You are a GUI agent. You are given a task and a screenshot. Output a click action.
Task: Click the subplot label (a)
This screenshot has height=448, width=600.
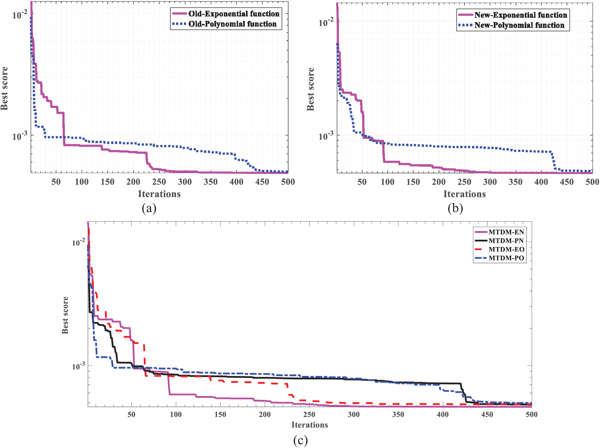[149, 208]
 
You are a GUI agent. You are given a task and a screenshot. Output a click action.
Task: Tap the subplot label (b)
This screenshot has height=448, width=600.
[455, 208]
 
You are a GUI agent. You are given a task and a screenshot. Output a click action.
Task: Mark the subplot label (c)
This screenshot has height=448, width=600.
[300, 440]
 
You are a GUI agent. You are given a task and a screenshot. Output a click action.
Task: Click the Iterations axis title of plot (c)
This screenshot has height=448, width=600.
[310, 425]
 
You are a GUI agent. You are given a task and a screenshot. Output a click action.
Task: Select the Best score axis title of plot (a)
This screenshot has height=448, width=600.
[4, 88]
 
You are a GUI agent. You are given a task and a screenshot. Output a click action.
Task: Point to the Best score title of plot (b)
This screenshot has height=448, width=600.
[311, 89]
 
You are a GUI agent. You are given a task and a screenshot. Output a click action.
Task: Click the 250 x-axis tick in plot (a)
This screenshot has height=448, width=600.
[159, 182]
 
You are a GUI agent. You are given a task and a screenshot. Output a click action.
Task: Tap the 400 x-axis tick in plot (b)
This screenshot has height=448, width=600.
[541, 182]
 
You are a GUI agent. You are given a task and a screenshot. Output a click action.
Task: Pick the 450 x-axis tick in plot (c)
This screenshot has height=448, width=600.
[487, 415]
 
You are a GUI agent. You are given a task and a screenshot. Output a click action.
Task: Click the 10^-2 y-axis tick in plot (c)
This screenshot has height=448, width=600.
[78, 242]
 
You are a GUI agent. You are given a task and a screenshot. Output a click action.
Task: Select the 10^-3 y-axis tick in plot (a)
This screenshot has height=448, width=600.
[20, 136]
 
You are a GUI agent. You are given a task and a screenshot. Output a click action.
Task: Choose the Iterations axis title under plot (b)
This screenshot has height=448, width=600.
[465, 194]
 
